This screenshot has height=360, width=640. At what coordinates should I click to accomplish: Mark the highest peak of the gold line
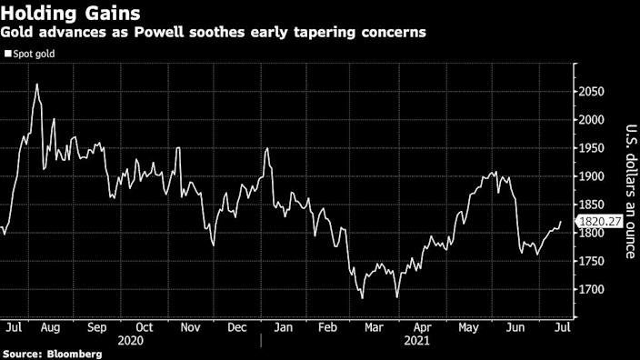coord(36,84)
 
